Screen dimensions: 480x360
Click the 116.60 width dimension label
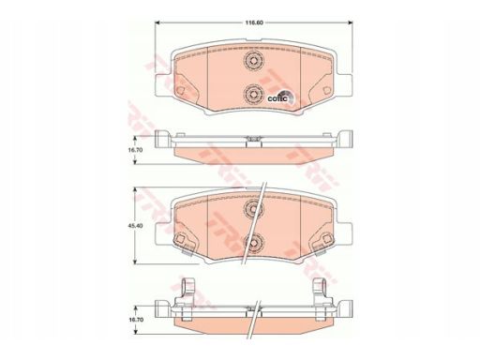point(253,22)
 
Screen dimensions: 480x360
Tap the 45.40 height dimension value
point(138,225)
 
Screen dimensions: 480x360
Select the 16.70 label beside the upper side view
point(138,150)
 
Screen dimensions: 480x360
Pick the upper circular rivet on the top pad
point(253,61)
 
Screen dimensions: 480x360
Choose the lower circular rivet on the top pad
point(253,95)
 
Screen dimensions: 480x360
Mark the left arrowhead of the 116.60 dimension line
point(157,22)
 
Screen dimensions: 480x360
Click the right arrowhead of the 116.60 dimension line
point(350,22)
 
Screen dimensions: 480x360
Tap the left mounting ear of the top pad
point(163,84)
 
